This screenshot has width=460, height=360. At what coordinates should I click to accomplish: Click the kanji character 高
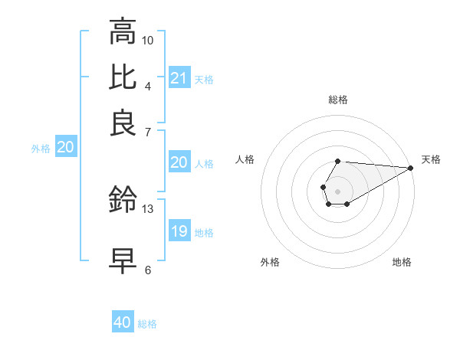point(123,32)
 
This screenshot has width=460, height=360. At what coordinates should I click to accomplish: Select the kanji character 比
point(123,77)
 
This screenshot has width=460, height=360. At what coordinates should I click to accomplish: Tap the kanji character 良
point(123,123)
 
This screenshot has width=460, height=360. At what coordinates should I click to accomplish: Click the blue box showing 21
point(179,78)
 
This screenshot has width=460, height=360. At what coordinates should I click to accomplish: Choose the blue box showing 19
point(179,231)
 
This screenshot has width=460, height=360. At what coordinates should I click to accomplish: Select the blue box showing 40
point(123,322)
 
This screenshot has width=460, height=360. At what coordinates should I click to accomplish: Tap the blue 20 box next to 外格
point(66,148)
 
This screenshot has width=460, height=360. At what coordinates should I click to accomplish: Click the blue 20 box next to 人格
point(179,162)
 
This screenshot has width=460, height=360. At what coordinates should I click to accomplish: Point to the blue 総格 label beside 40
point(147,324)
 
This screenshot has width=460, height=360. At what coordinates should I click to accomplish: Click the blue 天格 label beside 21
point(204,80)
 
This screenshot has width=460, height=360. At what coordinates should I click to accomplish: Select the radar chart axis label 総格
point(338,100)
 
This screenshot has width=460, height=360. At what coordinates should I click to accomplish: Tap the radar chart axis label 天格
point(431,159)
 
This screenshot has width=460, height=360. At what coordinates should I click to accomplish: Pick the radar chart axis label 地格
point(402,263)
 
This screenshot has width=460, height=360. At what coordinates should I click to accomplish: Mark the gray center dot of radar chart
point(337,190)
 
